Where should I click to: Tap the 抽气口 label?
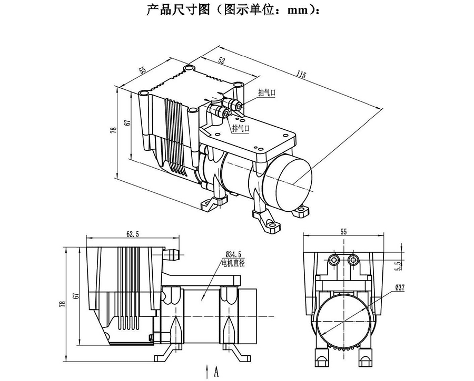266,93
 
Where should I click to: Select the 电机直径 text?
233,262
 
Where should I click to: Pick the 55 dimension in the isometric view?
143,70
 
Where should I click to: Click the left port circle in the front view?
333,260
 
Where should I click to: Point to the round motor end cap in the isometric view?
290,182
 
